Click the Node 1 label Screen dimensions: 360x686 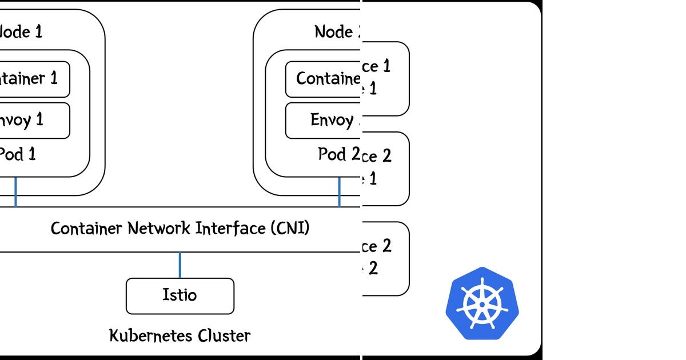(21, 31)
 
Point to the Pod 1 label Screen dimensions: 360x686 (17, 154)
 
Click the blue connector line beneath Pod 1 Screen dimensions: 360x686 (15, 192)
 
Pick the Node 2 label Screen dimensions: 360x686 (337, 31)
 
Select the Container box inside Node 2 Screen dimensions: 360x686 (323, 79)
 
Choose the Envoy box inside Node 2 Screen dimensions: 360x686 (323, 120)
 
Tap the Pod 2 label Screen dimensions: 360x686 (338, 154)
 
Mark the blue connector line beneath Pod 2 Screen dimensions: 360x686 (340, 192)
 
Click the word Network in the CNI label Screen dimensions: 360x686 (160, 229)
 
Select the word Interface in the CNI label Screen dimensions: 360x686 (230, 229)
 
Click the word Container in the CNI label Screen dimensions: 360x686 (86, 229)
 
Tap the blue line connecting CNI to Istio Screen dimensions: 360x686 (180, 265)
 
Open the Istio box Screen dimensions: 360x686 (180, 295)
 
